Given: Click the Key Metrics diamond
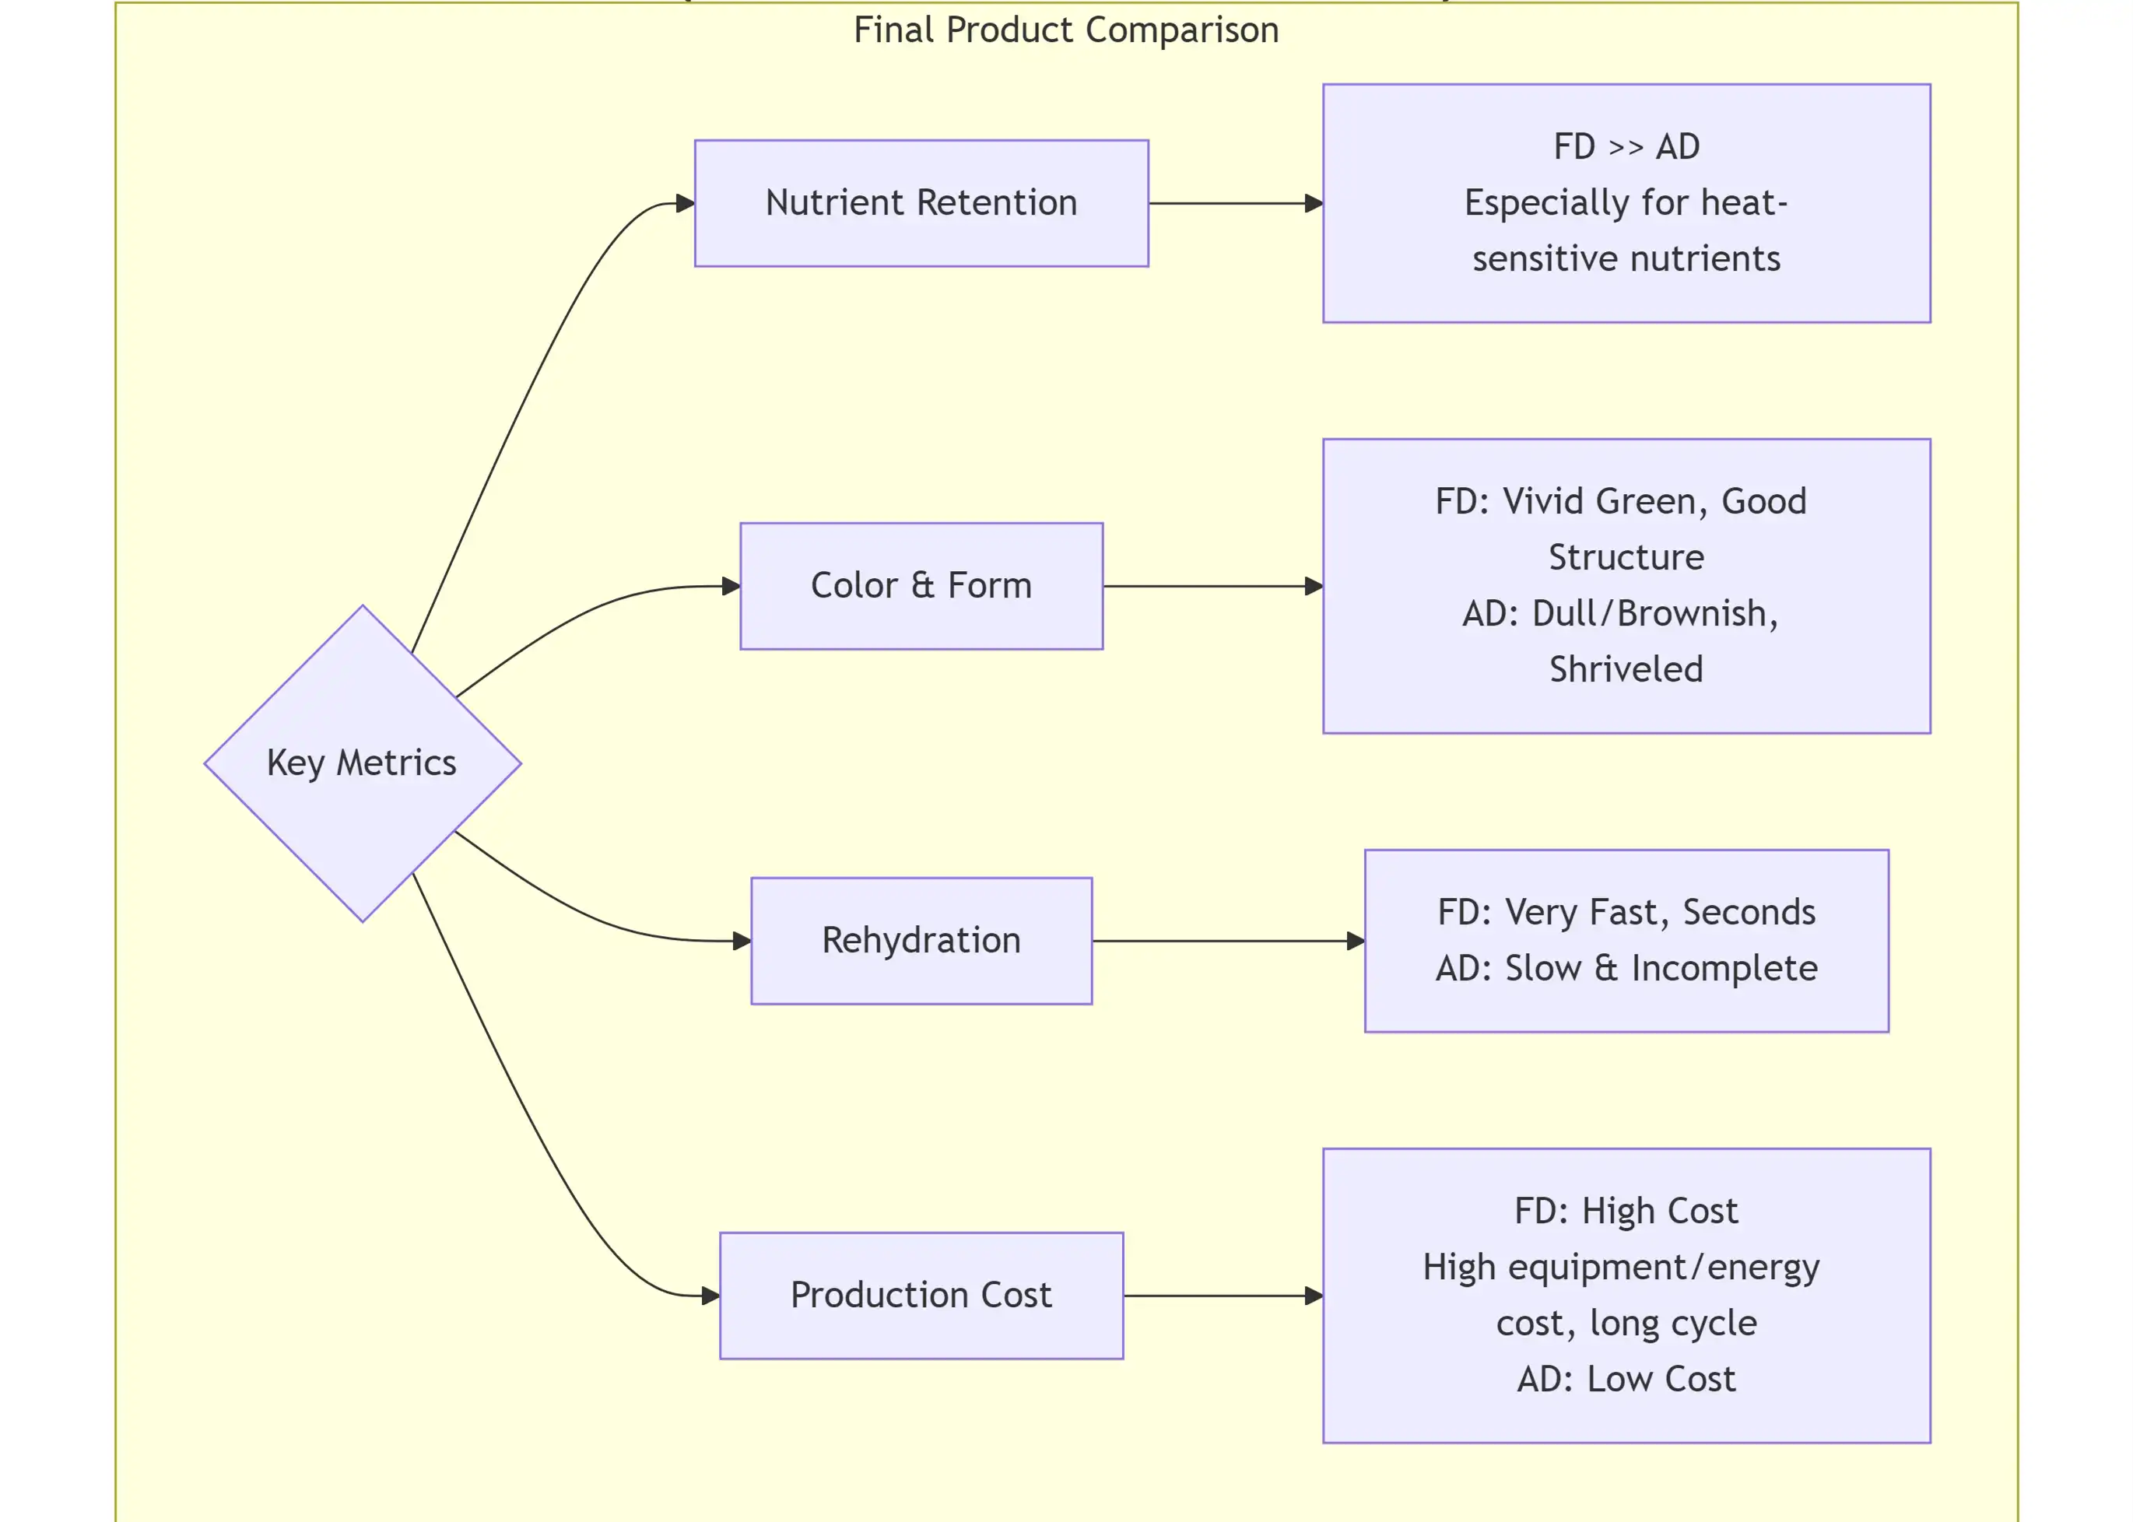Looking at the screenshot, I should point(362,763).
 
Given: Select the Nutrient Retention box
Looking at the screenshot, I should point(921,203).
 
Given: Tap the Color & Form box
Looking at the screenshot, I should point(921,586).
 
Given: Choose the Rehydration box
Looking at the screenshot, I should point(921,940).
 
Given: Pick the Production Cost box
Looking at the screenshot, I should point(921,1296).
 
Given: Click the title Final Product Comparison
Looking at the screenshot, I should point(1065,30).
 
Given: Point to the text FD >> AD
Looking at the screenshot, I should point(1626,147).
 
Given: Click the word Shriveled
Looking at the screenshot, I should point(1626,669).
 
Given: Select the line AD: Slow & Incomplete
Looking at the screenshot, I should point(1626,968).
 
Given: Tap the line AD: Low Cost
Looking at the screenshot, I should point(1626,1379).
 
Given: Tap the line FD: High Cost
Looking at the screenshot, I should point(1626,1211).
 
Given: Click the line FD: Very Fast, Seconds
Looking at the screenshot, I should point(1626,912).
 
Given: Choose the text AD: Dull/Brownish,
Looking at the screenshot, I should point(1620,613).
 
